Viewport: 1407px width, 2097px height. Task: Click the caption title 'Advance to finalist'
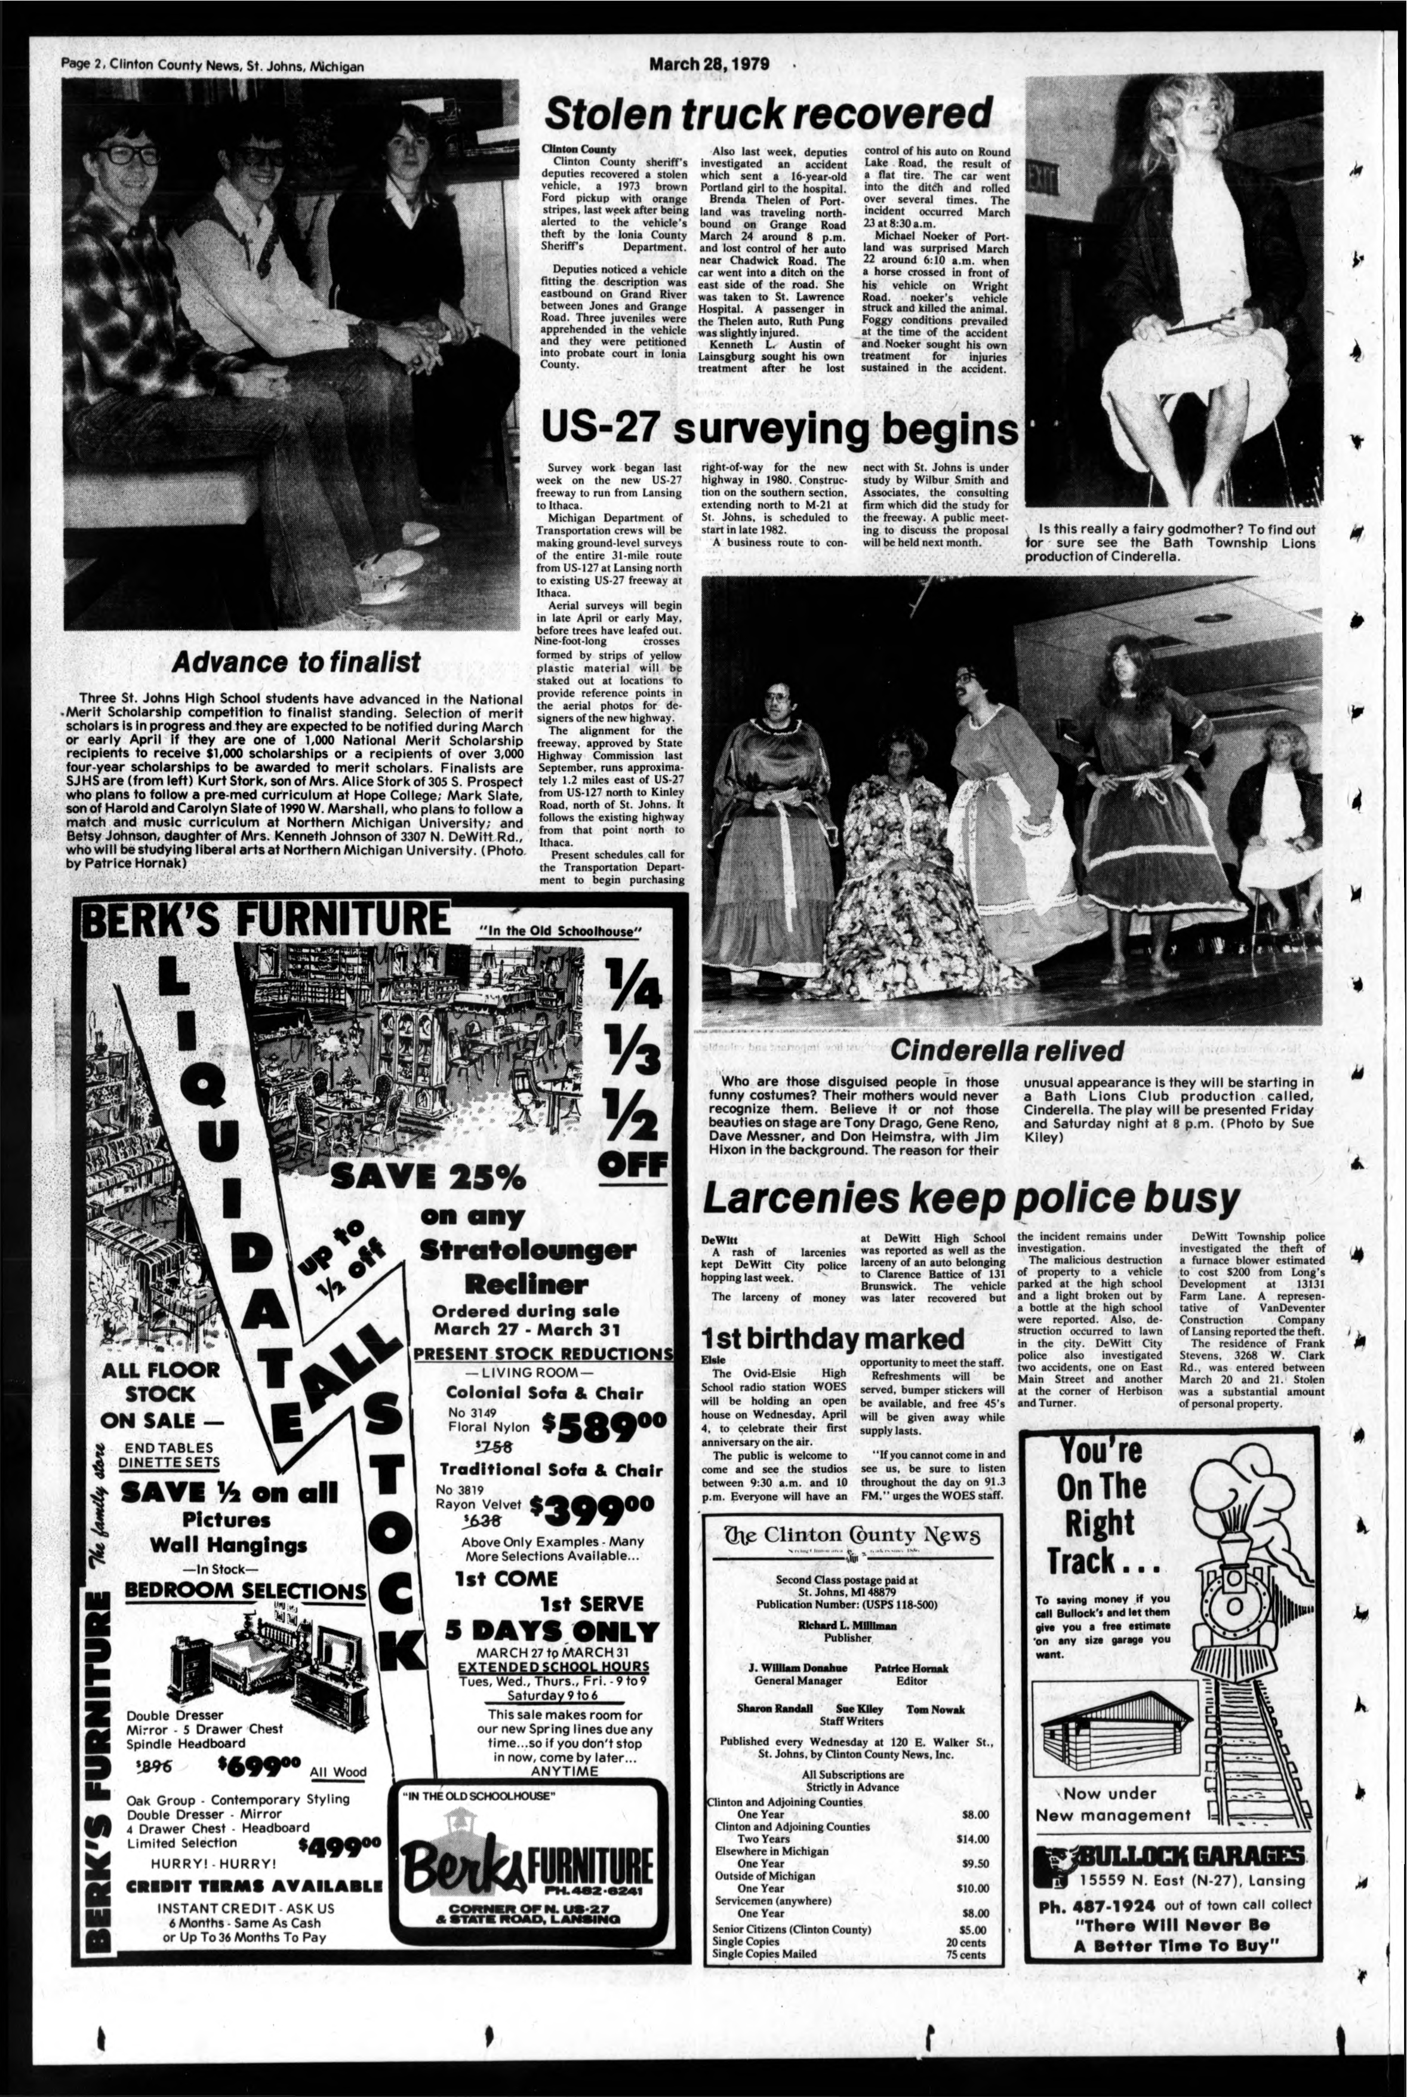(295, 662)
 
